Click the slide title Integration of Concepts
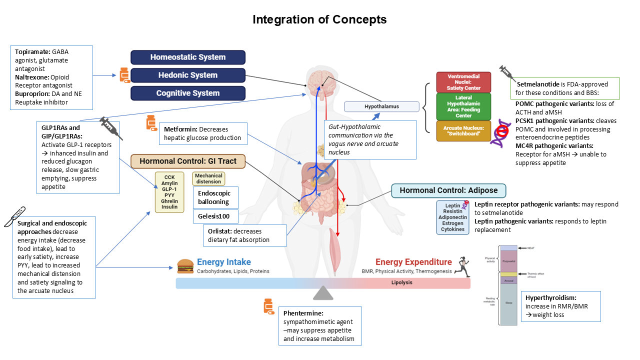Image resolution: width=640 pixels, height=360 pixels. click(x=319, y=19)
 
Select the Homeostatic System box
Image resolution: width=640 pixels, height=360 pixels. click(x=188, y=57)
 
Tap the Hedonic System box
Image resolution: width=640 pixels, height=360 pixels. click(x=188, y=75)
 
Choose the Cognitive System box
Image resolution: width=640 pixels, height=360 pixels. click(x=188, y=93)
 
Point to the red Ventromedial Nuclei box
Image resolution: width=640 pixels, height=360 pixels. click(x=463, y=82)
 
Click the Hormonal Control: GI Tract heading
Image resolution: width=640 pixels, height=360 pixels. click(x=188, y=161)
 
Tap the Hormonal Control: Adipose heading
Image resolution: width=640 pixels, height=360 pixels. click(x=448, y=190)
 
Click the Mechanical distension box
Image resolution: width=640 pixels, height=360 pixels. click(x=208, y=178)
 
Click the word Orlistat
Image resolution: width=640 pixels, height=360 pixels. click(x=220, y=231)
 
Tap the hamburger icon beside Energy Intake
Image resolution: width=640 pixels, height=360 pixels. click(x=185, y=265)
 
